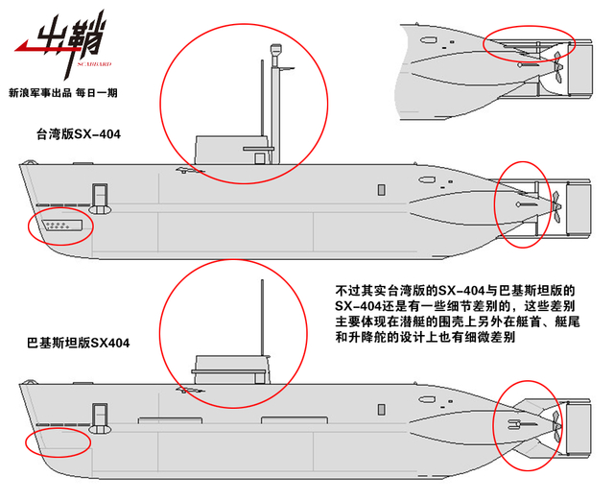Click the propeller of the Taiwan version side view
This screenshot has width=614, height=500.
[555, 203]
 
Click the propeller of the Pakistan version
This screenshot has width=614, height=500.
[554, 419]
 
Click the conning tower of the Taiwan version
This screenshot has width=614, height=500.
[224, 150]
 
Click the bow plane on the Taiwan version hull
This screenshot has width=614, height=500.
[100, 207]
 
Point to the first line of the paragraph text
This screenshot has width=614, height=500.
[454, 289]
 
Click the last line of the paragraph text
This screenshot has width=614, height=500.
[421, 338]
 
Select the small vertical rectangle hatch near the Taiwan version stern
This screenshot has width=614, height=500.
[380, 188]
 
